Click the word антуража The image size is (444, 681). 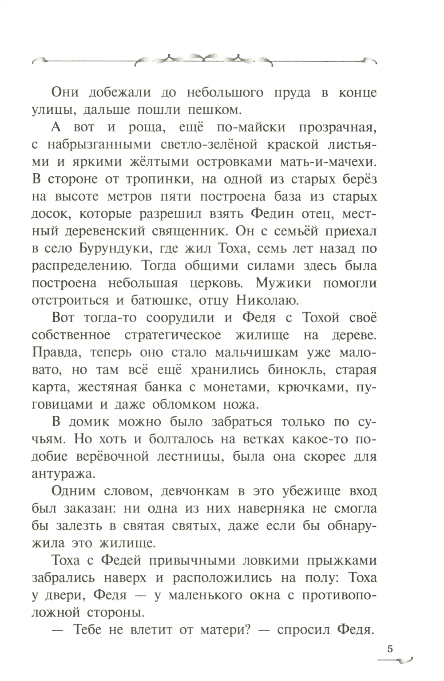(x=63, y=474)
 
